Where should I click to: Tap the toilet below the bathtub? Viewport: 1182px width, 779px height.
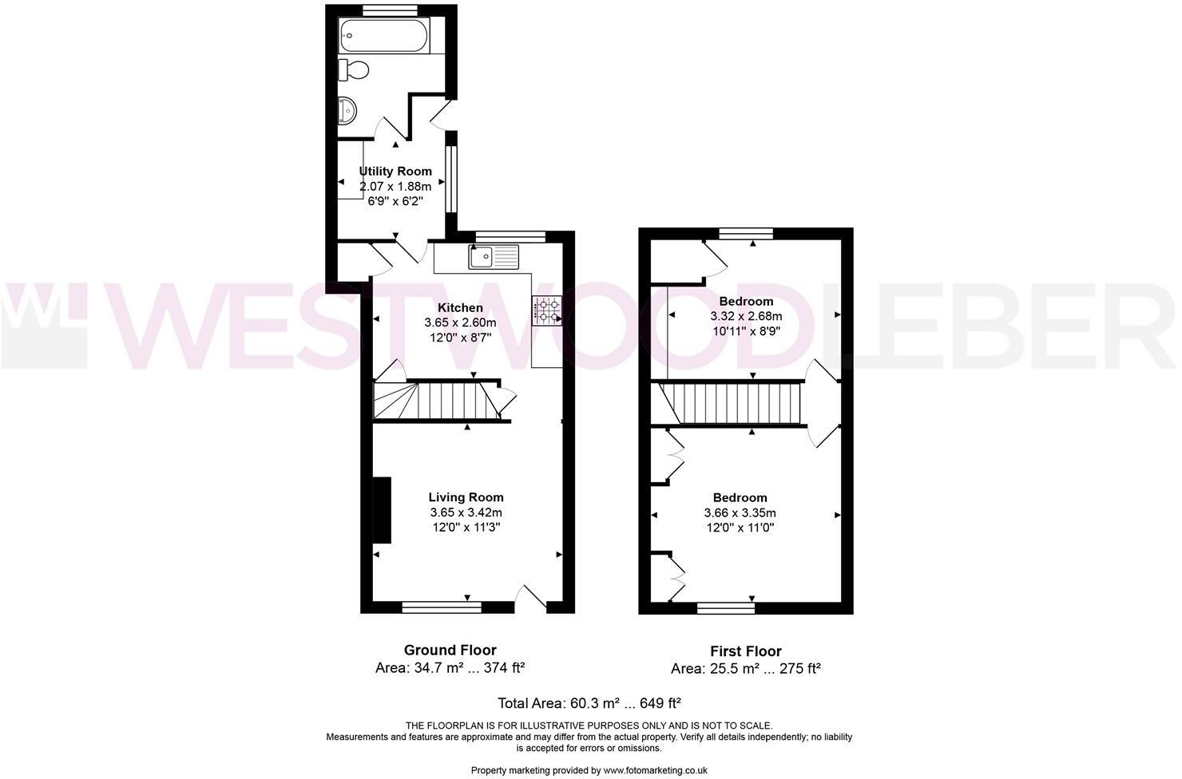(x=354, y=69)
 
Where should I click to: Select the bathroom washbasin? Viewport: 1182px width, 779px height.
(x=347, y=110)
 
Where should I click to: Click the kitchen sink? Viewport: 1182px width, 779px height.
(x=494, y=256)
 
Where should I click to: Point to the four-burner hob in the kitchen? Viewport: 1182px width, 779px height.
(x=545, y=310)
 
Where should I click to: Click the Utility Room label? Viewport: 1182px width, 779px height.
(x=395, y=171)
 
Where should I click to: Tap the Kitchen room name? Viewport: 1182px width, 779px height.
(x=460, y=307)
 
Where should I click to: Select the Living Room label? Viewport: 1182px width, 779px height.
(x=466, y=497)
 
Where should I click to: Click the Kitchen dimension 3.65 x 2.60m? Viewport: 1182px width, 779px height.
(x=460, y=322)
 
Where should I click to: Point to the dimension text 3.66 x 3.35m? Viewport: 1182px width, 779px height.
(x=740, y=512)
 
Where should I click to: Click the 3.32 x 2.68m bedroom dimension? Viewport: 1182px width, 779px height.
(x=746, y=316)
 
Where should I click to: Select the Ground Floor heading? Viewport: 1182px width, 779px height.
(x=450, y=650)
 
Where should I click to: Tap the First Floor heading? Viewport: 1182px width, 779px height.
(x=746, y=650)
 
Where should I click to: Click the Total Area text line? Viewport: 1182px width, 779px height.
(x=589, y=703)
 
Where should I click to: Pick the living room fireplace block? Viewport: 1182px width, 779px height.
(x=382, y=511)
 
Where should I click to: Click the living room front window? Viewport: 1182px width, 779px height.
(x=442, y=607)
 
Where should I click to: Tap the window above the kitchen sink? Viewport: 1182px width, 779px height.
(x=510, y=235)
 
